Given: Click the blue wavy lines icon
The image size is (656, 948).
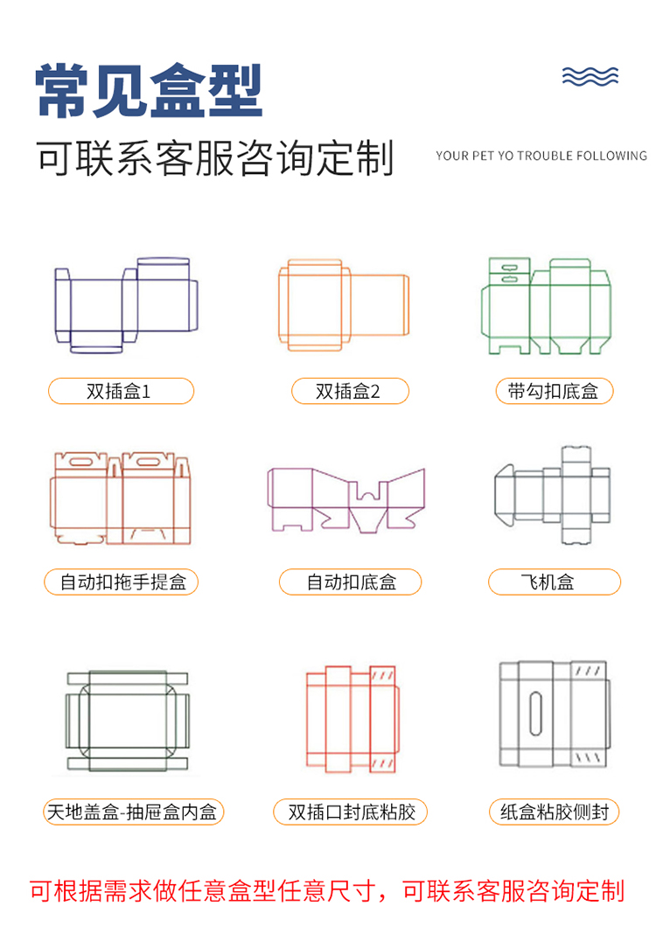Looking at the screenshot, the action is click(590, 76).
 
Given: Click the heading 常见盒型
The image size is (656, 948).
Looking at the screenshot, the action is click(149, 90).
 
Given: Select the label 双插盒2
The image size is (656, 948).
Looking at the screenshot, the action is click(350, 391).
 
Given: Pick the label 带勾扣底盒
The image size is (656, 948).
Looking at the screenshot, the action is click(555, 391).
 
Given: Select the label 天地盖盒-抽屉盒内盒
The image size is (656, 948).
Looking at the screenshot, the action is click(133, 812).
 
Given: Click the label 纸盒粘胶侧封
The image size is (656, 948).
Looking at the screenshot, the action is click(555, 812).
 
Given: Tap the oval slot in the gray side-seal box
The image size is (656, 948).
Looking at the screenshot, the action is click(535, 714).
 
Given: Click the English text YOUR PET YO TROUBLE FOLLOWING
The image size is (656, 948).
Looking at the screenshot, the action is click(541, 156).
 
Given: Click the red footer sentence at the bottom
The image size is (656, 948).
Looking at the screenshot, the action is click(327, 891).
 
